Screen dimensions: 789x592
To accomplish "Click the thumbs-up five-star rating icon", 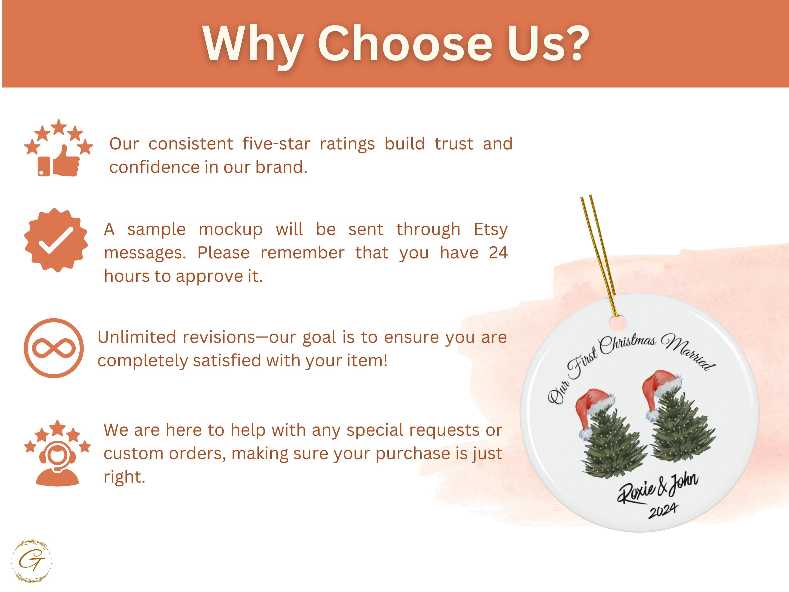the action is pyautogui.click(x=58, y=148).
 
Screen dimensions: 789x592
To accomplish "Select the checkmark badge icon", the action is pyautogui.click(x=56, y=240).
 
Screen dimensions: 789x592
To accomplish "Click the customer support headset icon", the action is pyautogui.click(x=57, y=453).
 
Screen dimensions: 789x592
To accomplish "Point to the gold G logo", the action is pyautogui.click(x=32, y=561).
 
